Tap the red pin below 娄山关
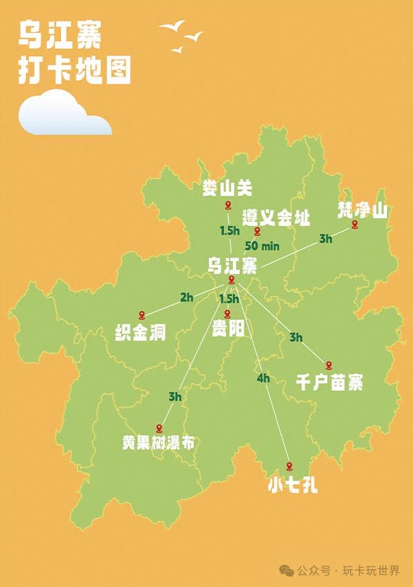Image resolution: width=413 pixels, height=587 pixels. (x=229, y=206)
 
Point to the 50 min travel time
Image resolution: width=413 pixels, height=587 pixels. (x=261, y=246)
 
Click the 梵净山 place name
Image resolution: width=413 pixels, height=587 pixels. (x=362, y=210)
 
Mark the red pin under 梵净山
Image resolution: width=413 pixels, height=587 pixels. (x=355, y=225)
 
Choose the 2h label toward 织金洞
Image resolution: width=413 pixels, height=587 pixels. (x=186, y=297)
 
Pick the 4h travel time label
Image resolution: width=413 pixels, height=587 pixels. (x=263, y=378)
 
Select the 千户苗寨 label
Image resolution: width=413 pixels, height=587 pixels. (x=329, y=382)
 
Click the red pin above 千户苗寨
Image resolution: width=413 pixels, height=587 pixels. (x=329, y=364)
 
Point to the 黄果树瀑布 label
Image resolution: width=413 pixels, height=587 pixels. (x=158, y=443)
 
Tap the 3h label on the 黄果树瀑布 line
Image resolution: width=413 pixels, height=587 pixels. (x=175, y=397)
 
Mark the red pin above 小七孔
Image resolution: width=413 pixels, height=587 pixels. (x=289, y=465)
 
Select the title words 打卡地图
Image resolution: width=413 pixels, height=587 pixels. (x=75, y=71)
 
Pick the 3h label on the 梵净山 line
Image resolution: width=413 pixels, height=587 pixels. (x=325, y=239)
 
